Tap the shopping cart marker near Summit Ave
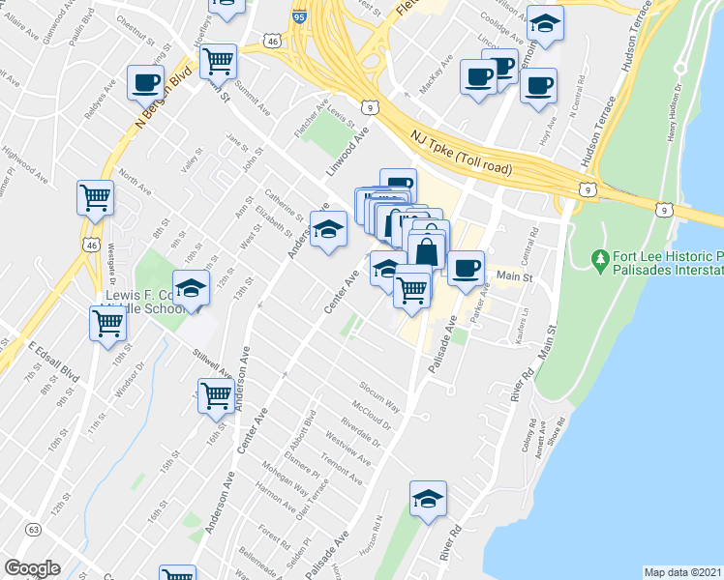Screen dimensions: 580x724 [x=219, y=62]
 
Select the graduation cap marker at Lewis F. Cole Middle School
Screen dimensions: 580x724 [x=192, y=290]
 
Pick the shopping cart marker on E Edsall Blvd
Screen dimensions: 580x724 [x=107, y=324]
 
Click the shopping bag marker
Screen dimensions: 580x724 [x=426, y=250]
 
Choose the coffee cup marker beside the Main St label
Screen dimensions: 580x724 [x=466, y=266]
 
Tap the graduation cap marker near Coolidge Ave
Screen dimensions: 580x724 [x=548, y=26]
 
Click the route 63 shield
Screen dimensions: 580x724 [x=34, y=530]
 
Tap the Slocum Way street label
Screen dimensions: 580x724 [x=378, y=400]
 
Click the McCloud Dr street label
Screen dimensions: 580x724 [x=372, y=417]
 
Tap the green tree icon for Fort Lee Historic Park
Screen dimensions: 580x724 [x=601, y=260]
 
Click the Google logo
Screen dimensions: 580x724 [x=33, y=568]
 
